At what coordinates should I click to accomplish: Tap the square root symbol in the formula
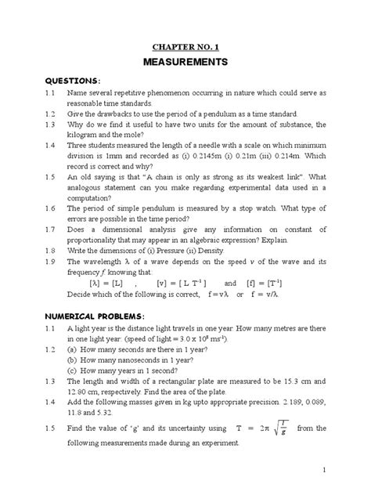(x=281, y=429)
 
